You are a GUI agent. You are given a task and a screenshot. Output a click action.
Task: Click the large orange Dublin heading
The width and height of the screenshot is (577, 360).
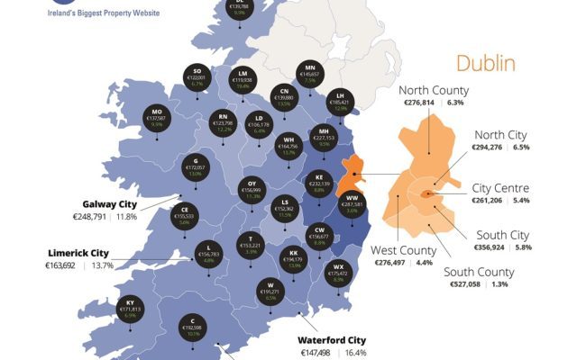pos(485,63)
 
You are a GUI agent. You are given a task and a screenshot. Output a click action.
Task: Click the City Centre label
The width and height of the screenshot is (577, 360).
pos(501,188)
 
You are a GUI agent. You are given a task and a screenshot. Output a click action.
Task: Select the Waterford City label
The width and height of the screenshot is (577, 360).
pos(332,340)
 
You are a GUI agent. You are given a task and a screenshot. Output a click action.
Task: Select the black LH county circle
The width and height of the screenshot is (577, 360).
pos(340,99)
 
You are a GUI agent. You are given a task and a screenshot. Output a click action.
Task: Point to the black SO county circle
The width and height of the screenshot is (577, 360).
pos(197,76)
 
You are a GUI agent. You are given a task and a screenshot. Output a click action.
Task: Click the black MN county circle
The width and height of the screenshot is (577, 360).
pos(311,73)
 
